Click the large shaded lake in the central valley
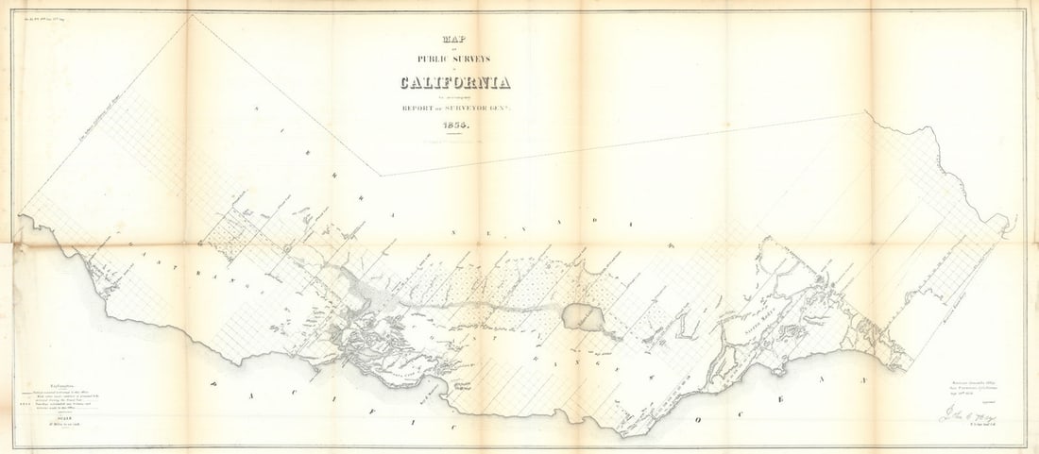[580, 317]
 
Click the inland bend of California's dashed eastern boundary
[381, 176]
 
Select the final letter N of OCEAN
[862, 379]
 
